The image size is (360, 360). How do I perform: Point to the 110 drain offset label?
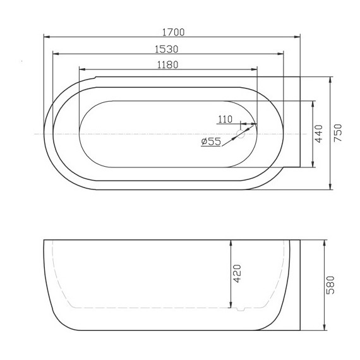(225, 119)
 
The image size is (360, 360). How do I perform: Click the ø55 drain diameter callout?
(210, 142)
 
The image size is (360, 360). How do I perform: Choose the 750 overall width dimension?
(337, 133)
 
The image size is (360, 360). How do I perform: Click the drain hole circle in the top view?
(241, 134)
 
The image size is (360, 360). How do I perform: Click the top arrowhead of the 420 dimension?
(231, 243)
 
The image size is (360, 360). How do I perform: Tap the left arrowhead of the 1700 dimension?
(46, 37)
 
